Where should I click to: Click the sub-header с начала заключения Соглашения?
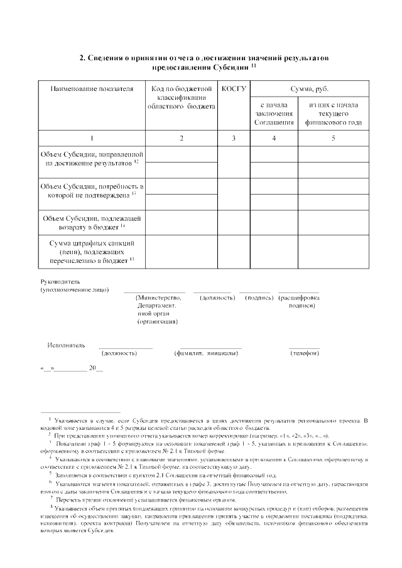[x=274, y=113]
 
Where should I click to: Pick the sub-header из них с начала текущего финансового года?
[x=334, y=113]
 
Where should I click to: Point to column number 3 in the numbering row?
[x=234, y=137]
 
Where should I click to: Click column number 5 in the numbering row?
[x=334, y=137]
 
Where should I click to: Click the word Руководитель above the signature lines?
[x=60, y=281]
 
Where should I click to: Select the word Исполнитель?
[x=65, y=345]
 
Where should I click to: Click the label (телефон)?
[x=304, y=353]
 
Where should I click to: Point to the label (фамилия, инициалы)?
[x=206, y=353]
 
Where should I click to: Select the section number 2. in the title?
[x=82, y=58]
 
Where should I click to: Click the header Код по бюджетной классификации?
[x=182, y=97]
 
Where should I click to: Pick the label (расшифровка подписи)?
[x=299, y=301]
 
